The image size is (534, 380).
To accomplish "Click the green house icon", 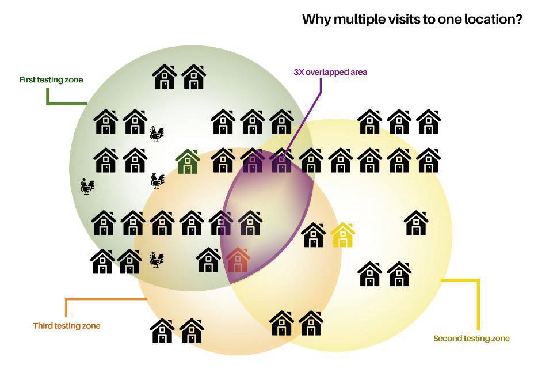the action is (x=188, y=161).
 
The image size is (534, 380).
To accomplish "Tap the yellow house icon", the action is (x=342, y=234).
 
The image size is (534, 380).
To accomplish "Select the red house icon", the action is (x=238, y=260).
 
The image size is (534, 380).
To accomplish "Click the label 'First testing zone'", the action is (x=51, y=79).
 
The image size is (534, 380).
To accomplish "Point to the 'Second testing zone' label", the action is (x=471, y=338).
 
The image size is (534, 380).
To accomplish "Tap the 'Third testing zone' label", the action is (x=67, y=326).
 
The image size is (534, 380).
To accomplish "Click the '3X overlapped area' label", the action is (x=330, y=73).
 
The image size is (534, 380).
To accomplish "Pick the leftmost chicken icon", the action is (x=87, y=186).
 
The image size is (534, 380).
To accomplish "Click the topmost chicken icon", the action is (x=157, y=134).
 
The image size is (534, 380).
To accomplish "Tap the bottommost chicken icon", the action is (x=157, y=259).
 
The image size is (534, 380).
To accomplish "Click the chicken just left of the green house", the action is (x=157, y=180).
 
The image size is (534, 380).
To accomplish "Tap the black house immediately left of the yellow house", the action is (x=314, y=234).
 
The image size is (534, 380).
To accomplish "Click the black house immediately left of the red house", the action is (x=209, y=260).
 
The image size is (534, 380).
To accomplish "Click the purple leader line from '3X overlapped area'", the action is (x=305, y=115).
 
